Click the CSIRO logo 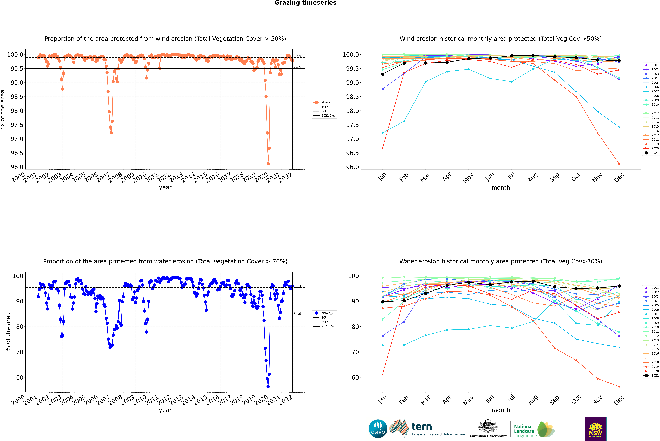click(x=378, y=429)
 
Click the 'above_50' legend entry click(x=328, y=102)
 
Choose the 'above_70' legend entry click(x=328, y=313)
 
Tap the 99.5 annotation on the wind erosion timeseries click(x=297, y=67)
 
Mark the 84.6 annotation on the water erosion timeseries click(x=297, y=314)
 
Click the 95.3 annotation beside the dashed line click(x=297, y=287)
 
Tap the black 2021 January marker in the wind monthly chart click(x=383, y=74)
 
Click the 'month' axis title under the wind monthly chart click(x=500, y=188)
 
